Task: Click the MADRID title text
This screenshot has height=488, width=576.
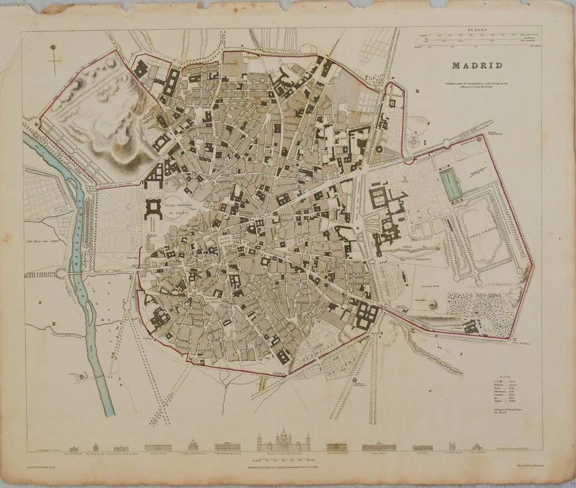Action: pos(477,66)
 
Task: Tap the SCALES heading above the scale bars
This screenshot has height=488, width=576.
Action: pos(478,30)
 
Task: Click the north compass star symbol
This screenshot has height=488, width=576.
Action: pos(52,49)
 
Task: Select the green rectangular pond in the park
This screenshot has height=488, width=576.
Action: pos(450,184)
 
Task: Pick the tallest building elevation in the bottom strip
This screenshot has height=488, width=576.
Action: pos(283,441)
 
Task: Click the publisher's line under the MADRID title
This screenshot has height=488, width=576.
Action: pos(477,85)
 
